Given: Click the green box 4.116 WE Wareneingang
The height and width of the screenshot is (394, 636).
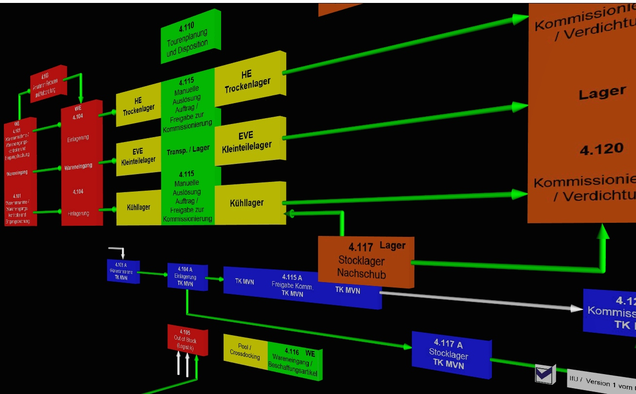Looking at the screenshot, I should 294,361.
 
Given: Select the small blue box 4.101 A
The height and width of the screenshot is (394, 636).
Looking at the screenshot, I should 122,271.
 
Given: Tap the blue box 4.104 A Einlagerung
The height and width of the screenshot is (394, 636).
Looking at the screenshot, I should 187,276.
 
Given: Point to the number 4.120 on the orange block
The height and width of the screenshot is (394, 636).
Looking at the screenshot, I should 601,149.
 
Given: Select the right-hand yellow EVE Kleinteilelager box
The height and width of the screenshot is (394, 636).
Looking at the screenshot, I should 249,141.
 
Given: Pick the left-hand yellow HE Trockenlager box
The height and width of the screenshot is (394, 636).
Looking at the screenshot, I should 138,107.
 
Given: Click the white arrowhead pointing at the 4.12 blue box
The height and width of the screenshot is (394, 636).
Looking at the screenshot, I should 577,308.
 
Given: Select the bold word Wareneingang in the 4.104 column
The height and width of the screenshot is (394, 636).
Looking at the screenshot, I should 78,167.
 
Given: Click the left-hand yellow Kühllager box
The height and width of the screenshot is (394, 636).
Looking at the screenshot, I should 138,207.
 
